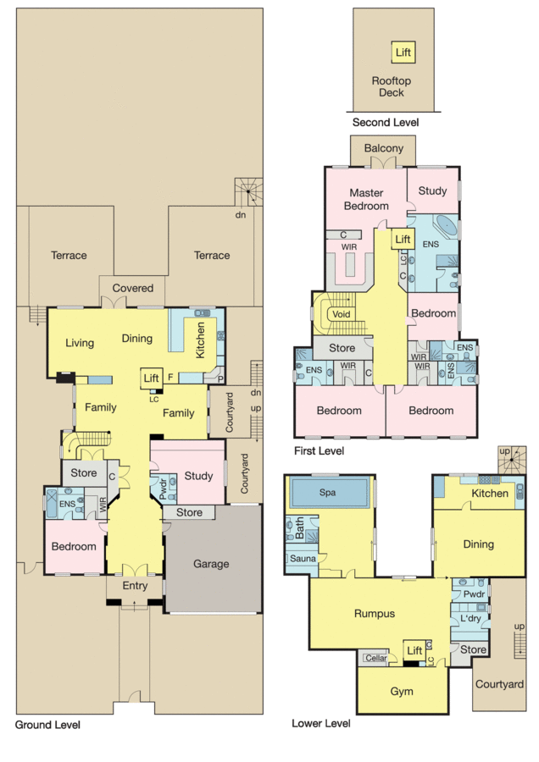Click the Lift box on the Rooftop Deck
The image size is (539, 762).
[x=403, y=52]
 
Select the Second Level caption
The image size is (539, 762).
[x=386, y=123]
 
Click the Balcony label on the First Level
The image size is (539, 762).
[x=384, y=148]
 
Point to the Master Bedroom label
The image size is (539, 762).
[x=367, y=199]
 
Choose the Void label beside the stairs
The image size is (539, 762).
[x=342, y=313]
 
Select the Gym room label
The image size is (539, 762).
[x=403, y=692]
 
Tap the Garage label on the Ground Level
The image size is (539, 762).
[x=211, y=565]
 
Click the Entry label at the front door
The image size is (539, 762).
[x=135, y=586]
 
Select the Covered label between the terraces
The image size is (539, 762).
[x=132, y=289]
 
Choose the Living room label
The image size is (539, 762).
[x=80, y=343]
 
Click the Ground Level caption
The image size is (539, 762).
[x=47, y=726]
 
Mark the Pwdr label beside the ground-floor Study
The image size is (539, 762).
[x=162, y=489]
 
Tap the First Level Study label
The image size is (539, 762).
[x=432, y=191]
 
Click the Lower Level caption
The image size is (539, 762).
[x=321, y=724]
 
